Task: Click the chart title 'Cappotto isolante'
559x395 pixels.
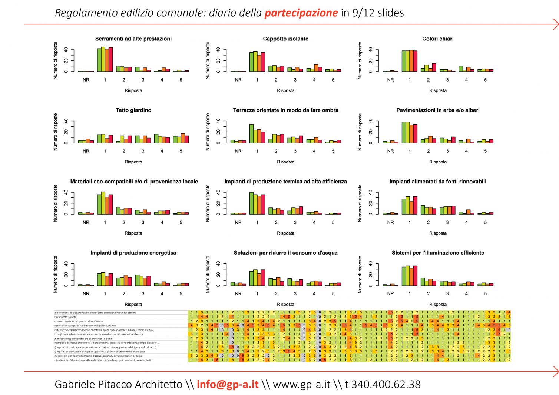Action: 285,39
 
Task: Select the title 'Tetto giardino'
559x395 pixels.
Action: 133,110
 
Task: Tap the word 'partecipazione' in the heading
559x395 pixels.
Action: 301,13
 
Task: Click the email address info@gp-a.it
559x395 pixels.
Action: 228,384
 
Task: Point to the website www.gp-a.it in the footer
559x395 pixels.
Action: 301,384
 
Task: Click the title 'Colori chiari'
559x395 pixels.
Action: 438,39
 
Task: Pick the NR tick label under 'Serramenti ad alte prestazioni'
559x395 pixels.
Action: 86,80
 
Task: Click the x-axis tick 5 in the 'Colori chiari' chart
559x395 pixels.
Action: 485,80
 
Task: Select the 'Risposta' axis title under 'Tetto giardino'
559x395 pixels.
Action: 133,162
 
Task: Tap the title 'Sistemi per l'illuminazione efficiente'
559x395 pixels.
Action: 438,253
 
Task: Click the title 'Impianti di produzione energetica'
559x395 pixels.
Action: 133,253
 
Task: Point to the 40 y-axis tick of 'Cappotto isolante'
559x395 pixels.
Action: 219,50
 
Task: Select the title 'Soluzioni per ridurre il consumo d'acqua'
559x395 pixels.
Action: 285,253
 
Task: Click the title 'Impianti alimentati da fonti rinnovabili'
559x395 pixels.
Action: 438,182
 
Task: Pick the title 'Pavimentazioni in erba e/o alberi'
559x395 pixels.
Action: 438,110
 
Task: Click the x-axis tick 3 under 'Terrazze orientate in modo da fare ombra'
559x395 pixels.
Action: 295,151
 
